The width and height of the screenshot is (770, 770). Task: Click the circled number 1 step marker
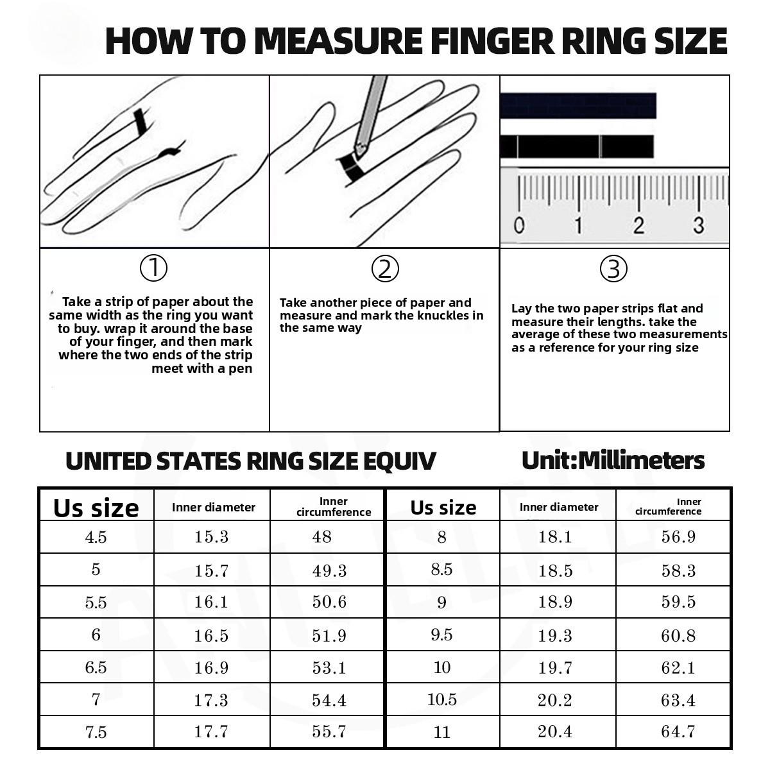(x=153, y=268)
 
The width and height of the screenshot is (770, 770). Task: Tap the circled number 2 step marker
(x=385, y=269)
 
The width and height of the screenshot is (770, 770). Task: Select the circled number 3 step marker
(x=613, y=269)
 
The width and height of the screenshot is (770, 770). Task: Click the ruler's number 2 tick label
(x=638, y=225)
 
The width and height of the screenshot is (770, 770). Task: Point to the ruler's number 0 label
(x=519, y=225)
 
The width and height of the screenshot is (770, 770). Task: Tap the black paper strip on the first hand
(x=141, y=122)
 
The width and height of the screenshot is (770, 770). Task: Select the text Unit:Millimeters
(x=613, y=461)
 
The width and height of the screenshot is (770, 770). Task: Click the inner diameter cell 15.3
(x=211, y=537)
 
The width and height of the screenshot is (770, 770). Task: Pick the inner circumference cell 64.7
(x=678, y=732)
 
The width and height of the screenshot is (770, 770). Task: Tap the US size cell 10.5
(x=442, y=699)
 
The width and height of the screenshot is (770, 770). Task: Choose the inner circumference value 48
(x=321, y=537)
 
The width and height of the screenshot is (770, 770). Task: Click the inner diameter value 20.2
(x=555, y=700)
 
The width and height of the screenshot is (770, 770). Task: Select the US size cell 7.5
(x=96, y=732)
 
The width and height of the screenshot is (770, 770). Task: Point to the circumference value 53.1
(x=329, y=668)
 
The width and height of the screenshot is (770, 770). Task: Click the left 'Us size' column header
(x=96, y=508)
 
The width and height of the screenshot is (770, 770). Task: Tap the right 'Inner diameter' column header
(x=559, y=507)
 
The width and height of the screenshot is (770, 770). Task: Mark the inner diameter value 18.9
(x=555, y=602)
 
